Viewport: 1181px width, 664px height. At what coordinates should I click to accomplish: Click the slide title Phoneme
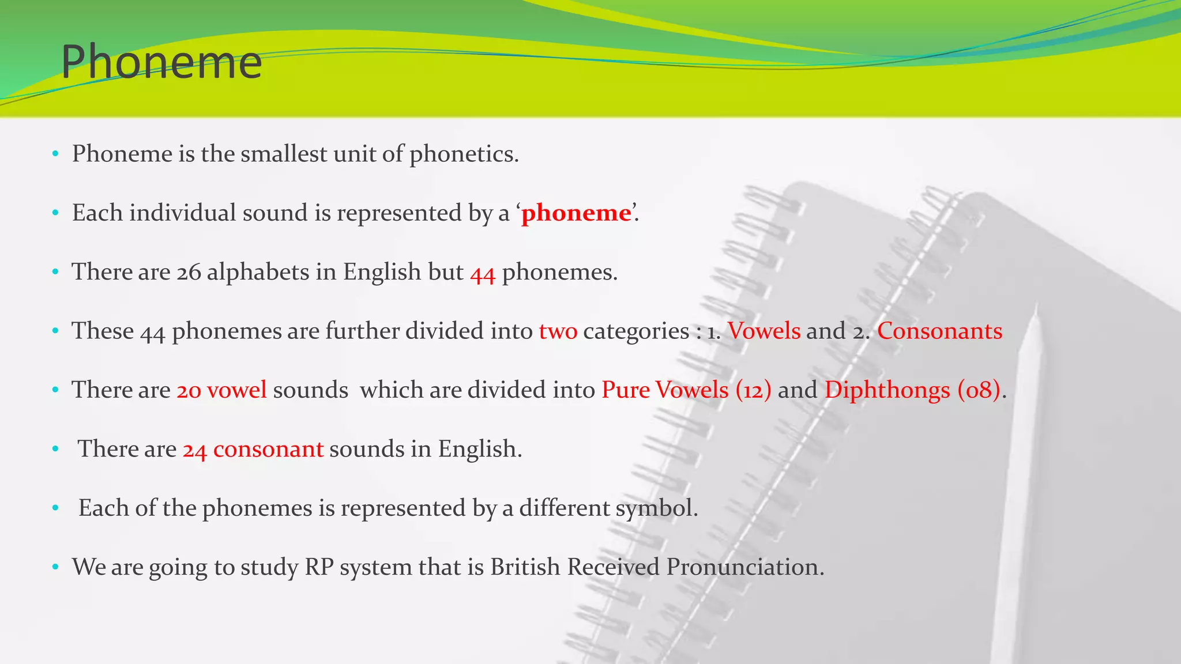coord(161,62)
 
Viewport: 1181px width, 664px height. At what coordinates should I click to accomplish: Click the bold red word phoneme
coord(576,213)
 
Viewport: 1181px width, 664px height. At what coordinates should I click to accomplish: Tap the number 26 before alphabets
coord(189,272)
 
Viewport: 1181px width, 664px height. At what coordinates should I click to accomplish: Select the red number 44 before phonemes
coord(483,273)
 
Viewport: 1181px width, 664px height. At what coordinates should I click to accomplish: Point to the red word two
coord(558,331)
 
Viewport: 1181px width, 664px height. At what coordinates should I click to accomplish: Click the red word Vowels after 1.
coord(763,331)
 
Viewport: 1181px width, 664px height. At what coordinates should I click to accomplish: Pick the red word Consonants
coord(939,331)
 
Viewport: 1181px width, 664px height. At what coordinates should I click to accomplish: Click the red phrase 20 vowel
coord(221,390)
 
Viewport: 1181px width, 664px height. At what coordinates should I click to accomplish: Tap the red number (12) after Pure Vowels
coord(753,390)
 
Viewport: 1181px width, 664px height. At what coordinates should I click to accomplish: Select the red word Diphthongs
coord(887,390)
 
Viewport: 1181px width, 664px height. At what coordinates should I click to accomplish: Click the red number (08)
coord(979,390)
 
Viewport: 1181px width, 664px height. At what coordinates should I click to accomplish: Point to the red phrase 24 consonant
coord(253,449)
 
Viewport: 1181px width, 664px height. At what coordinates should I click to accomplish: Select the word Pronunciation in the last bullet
coord(745,567)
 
